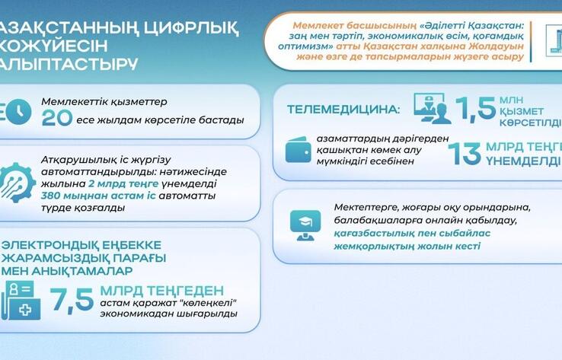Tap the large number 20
click(57, 119)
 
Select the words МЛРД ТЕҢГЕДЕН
click(166, 290)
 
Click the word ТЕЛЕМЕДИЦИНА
click(342, 109)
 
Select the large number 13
click(464, 153)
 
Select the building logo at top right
click(554, 40)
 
